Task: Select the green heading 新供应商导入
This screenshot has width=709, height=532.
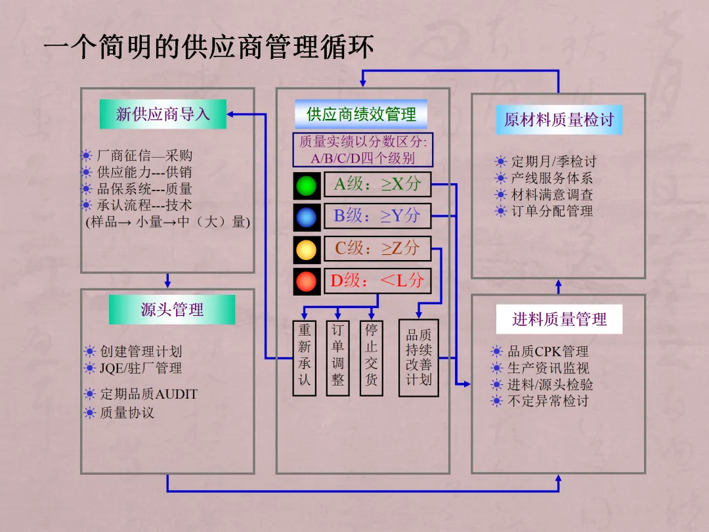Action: click(x=163, y=114)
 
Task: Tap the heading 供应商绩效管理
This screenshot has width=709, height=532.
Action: click(x=361, y=114)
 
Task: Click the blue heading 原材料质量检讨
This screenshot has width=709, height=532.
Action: click(x=559, y=120)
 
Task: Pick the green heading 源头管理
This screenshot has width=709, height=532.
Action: click(x=172, y=309)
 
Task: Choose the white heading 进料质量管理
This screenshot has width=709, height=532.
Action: click(x=559, y=319)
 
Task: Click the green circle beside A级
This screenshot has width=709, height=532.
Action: click(x=306, y=186)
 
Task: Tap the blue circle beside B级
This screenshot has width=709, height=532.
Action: click(x=306, y=218)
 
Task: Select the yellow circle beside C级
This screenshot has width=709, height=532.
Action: click(x=306, y=250)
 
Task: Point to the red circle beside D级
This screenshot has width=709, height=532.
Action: click(x=306, y=282)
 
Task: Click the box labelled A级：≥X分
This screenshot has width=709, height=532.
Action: click(x=377, y=185)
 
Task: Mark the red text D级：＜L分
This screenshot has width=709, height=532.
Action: click(x=377, y=281)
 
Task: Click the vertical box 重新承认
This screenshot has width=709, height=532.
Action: click(x=304, y=358)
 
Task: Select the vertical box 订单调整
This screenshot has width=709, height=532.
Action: click(x=338, y=358)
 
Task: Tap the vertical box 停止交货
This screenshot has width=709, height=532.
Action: click(x=372, y=358)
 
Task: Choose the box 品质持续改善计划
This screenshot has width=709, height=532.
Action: click(x=418, y=358)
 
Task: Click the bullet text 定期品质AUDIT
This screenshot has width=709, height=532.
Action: click(x=148, y=394)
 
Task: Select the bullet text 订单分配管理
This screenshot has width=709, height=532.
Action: click(x=552, y=211)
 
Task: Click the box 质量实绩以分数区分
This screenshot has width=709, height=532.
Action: click(x=362, y=150)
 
